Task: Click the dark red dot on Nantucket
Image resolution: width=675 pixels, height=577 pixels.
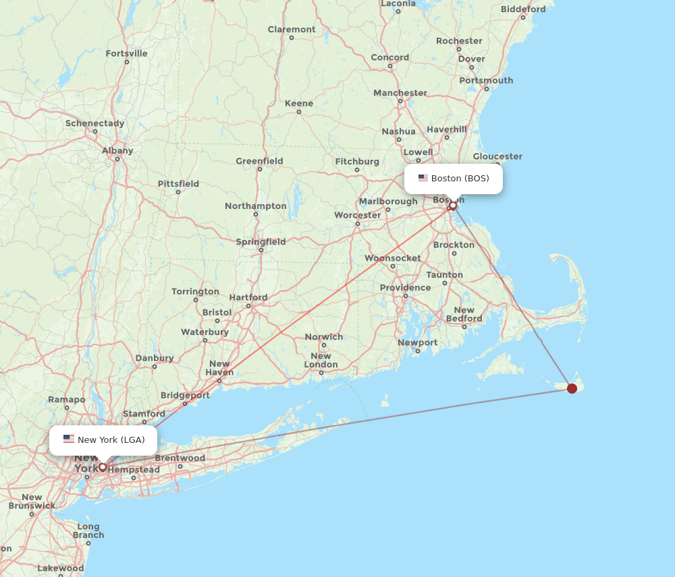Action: tap(572, 388)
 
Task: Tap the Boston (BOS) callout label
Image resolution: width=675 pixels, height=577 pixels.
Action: tap(454, 179)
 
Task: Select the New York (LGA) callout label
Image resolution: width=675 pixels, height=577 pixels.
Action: tap(103, 440)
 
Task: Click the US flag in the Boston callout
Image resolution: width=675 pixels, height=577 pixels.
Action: tap(423, 178)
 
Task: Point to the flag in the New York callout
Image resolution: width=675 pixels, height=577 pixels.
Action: tap(69, 439)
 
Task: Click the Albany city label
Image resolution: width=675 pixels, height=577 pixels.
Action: tap(117, 150)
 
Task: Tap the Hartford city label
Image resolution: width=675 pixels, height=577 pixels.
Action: tap(248, 297)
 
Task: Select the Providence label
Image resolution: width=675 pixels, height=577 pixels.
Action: tap(405, 288)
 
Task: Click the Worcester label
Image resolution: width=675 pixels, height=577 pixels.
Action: tap(358, 215)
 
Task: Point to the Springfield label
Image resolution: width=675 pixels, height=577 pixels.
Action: tap(261, 242)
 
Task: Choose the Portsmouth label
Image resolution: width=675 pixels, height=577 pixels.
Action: tap(486, 80)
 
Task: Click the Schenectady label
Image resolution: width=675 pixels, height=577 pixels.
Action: tap(94, 123)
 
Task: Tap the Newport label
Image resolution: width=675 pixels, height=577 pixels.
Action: tap(418, 342)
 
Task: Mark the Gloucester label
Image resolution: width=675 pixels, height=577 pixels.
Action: tap(497, 156)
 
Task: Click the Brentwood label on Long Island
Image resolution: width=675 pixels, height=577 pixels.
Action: tap(180, 458)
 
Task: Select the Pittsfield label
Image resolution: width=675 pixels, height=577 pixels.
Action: tap(178, 183)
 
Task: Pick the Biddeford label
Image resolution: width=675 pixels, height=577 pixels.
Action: tap(523, 9)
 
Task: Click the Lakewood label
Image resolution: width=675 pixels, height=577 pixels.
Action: tap(61, 568)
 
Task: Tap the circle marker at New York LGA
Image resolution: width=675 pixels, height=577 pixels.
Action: tap(103, 466)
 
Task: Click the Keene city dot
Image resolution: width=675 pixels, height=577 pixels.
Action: tap(299, 112)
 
